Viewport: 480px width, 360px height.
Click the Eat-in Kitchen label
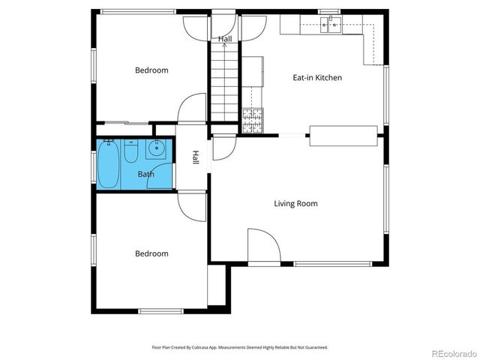pyautogui.click(x=316, y=77)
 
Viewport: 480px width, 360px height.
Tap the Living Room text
pyautogui.click(x=295, y=203)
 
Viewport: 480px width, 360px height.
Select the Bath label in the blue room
pyautogui.click(x=145, y=175)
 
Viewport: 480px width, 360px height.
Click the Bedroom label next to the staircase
pyautogui.click(x=151, y=70)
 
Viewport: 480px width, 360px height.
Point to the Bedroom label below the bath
pyautogui.click(x=151, y=253)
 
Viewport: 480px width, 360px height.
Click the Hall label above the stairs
pyautogui.click(x=224, y=38)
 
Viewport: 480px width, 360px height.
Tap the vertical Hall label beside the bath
pyautogui.click(x=195, y=158)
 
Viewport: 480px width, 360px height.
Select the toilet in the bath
pyautogui.click(x=130, y=152)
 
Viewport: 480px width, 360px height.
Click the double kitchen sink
pyautogui.click(x=329, y=26)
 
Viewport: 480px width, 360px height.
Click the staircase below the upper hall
pyautogui.click(x=223, y=82)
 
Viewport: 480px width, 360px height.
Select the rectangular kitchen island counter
pyautogui.click(x=343, y=135)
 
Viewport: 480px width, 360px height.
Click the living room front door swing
pyautogui.click(x=263, y=245)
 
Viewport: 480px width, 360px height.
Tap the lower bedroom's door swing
pyautogui.click(x=191, y=202)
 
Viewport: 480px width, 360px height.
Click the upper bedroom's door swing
pyautogui.click(x=192, y=109)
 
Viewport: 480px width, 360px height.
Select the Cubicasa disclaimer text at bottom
pyautogui.click(x=240, y=347)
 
